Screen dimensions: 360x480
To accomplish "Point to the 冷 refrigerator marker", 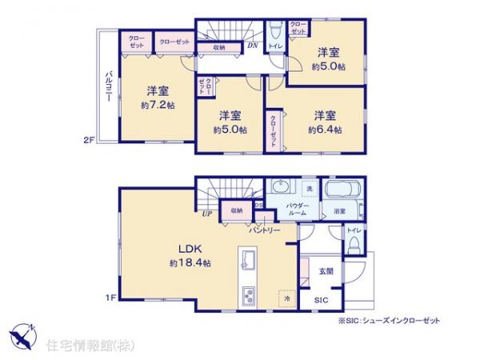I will tap(286, 298).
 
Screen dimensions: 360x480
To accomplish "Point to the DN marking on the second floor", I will tap(252, 45).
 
